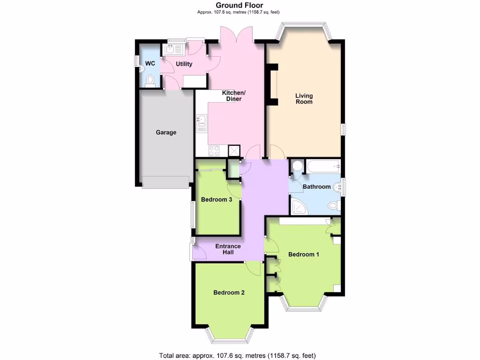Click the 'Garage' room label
[166, 133]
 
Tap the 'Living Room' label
[304, 99]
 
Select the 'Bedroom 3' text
[217, 200]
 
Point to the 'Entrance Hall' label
[228, 249]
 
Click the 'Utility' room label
[184, 64]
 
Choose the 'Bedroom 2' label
[229, 292]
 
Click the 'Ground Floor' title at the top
[240, 6]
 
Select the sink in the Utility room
[170, 49]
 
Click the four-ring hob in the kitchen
[214, 151]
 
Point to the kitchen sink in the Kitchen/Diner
[202, 122]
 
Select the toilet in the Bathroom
[334, 205]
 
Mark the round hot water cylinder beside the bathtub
[297, 166]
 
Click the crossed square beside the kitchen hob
[233, 150]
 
